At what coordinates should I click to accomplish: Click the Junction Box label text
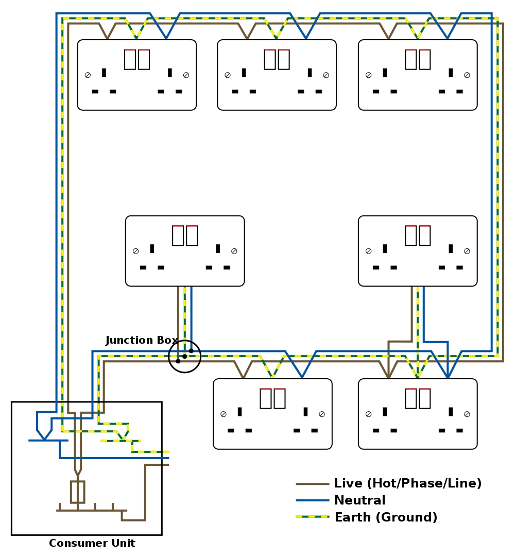point(142,341)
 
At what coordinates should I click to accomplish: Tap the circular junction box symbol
point(184,356)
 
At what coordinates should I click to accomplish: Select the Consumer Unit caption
point(92,543)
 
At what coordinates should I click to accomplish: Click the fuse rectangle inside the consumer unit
point(77,492)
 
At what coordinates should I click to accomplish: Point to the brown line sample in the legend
point(312,484)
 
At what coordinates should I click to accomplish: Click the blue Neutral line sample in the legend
point(312,500)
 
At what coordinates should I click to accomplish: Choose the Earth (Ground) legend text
point(386,517)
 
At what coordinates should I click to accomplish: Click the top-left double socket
point(137,75)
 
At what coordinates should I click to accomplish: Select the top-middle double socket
point(277,75)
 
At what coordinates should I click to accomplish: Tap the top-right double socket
point(418,75)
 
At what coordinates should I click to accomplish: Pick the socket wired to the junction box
point(185,251)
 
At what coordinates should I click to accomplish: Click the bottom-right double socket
point(418,414)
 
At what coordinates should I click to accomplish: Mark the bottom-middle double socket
point(272,414)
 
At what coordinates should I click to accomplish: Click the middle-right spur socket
point(418,251)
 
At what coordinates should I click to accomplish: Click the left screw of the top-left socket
point(88,75)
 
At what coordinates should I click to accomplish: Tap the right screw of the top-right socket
point(467,75)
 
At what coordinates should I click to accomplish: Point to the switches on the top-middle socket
point(277,59)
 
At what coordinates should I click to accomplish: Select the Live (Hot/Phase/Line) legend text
point(408,483)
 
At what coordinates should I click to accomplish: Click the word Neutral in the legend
point(360,500)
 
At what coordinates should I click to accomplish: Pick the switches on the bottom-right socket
point(418,398)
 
